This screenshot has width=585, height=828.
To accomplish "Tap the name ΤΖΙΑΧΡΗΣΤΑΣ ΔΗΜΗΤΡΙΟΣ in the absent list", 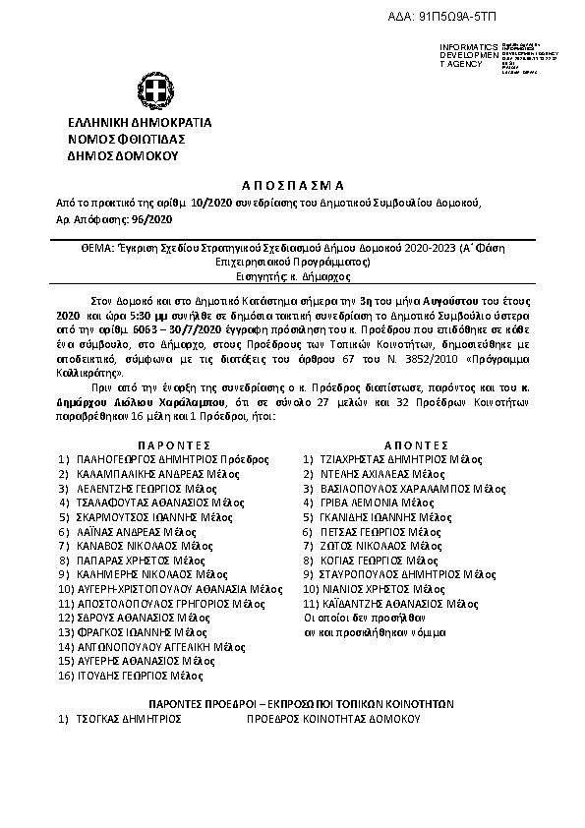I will pos(384,458).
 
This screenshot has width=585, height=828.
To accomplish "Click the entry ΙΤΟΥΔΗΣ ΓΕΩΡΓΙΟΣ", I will pos(126,676).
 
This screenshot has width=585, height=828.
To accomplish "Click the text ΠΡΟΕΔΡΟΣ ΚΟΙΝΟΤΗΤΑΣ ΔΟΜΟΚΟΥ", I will pos(336,719).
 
